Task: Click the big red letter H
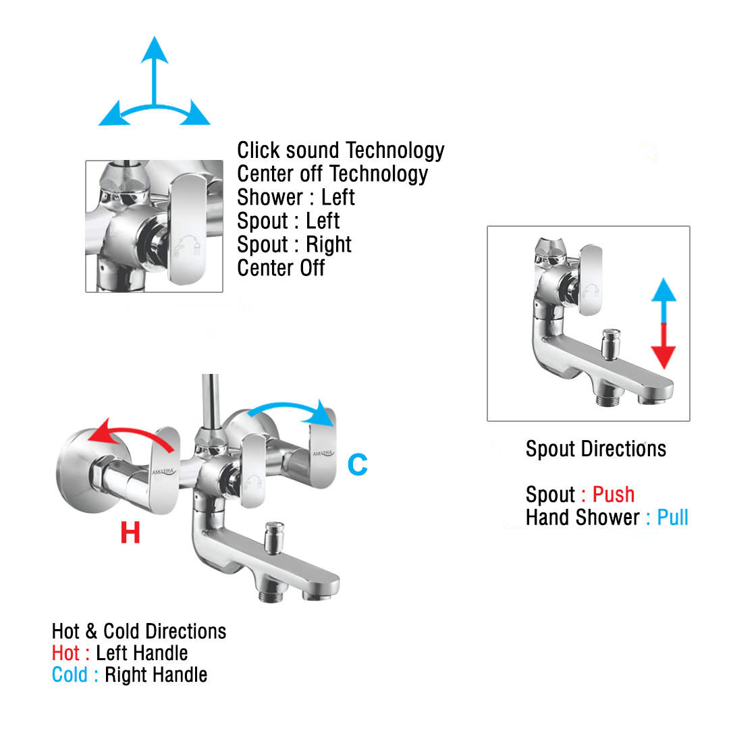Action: coord(130,533)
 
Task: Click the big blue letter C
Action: coord(357,465)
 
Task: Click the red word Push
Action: coord(613,495)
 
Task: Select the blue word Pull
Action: coord(672,518)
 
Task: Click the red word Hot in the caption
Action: coord(65,653)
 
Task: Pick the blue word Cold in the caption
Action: coord(70,675)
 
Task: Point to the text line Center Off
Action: coord(281,268)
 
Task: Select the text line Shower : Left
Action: coord(296,198)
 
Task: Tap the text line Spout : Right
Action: coord(294,244)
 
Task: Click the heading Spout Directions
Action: coord(595,449)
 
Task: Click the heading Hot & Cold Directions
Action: coord(139,632)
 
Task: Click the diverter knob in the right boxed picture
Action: coord(611,343)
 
